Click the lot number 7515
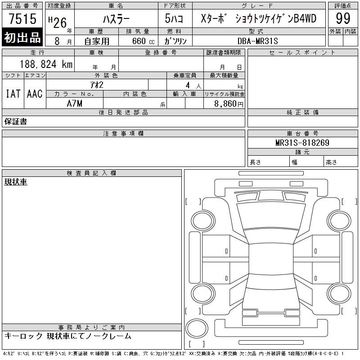(x=22, y=18)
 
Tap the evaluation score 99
(x=343, y=18)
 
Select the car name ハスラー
(x=116, y=19)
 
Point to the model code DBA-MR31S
(x=257, y=41)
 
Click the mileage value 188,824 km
(x=46, y=64)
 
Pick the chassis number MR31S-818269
(x=302, y=143)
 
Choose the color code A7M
(x=74, y=103)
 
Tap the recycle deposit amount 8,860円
(x=229, y=104)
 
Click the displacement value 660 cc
(x=143, y=41)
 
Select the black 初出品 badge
(x=22, y=37)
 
